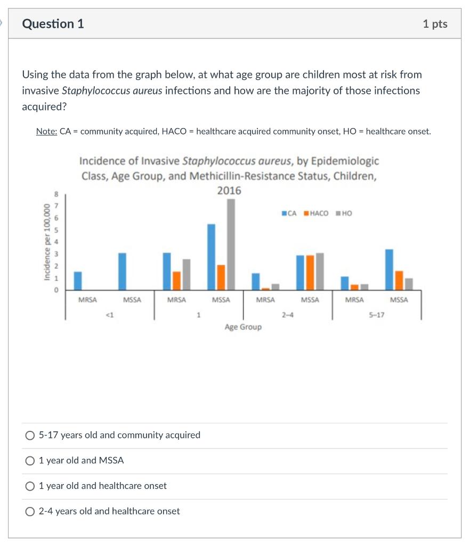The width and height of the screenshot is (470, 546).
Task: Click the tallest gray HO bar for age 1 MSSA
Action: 230,245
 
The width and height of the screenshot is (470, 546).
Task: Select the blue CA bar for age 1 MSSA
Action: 211,257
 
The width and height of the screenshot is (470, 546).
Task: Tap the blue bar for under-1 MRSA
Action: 78,280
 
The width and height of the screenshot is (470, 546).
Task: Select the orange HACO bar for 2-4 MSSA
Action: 310,272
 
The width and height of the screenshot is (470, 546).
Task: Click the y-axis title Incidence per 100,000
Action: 47,241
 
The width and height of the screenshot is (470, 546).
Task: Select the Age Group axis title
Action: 243,327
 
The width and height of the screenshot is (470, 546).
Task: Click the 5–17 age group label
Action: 376,315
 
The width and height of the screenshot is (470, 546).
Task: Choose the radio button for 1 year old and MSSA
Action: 30,461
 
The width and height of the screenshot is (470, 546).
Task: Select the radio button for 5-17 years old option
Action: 30,436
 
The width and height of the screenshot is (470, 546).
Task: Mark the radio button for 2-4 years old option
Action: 30,511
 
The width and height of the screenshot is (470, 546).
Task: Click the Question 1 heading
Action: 53,24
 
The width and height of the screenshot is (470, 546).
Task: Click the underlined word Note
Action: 46,131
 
